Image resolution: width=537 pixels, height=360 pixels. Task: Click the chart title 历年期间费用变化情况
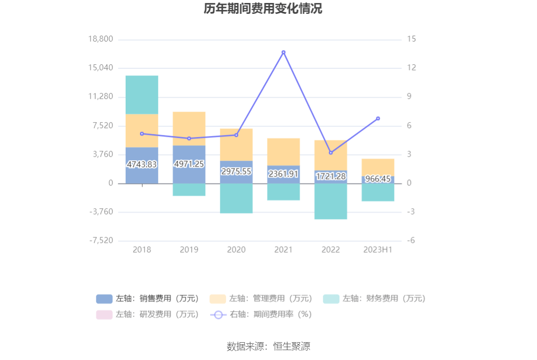pos(263,9)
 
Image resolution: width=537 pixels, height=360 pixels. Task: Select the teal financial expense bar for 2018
pos(142,95)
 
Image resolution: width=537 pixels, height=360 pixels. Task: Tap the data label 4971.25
pos(189,164)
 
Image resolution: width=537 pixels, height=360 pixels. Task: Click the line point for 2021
pos(283,52)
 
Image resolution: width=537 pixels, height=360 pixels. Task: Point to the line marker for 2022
pos(331,152)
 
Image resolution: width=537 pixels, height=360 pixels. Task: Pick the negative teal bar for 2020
pos(236,198)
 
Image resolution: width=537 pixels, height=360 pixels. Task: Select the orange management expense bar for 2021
pos(283,152)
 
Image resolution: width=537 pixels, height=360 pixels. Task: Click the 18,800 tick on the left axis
pos(100,40)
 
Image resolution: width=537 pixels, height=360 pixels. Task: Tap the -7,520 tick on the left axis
pos(101,241)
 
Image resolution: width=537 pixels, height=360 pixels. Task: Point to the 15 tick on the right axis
pos(412,40)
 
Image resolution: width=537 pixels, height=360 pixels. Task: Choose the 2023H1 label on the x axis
pos(378,250)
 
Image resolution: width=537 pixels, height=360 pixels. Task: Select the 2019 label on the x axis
pos(189,250)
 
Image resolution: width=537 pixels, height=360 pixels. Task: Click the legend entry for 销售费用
pos(147,299)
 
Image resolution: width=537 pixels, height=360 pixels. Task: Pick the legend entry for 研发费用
pos(147,314)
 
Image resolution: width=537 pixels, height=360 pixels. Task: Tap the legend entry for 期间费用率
pos(261,314)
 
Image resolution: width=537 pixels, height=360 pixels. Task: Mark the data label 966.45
pos(378,179)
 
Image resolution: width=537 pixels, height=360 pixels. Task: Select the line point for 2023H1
pos(378,119)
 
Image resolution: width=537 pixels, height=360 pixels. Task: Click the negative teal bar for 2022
pos(331,201)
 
